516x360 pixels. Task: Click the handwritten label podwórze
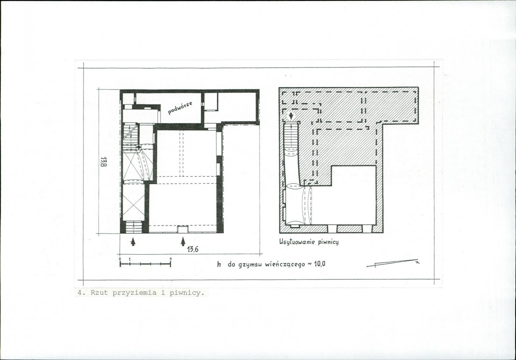tap(180, 108)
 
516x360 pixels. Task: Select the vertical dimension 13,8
tap(103, 162)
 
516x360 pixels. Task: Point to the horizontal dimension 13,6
tap(192, 249)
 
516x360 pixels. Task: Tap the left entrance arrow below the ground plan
tap(133, 242)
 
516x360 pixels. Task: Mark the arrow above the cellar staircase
tap(291, 116)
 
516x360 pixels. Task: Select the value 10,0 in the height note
tap(320, 264)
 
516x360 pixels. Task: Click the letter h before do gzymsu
tap(219, 264)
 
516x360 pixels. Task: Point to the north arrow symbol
tap(393, 263)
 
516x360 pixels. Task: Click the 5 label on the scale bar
tap(170, 259)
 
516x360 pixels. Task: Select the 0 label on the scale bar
tap(120, 259)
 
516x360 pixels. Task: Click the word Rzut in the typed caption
tap(99, 292)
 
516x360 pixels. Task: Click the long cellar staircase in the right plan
tap(291, 139)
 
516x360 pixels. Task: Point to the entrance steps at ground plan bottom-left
tap(133, 227)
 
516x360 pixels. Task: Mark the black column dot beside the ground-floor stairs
tap(139, 147)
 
